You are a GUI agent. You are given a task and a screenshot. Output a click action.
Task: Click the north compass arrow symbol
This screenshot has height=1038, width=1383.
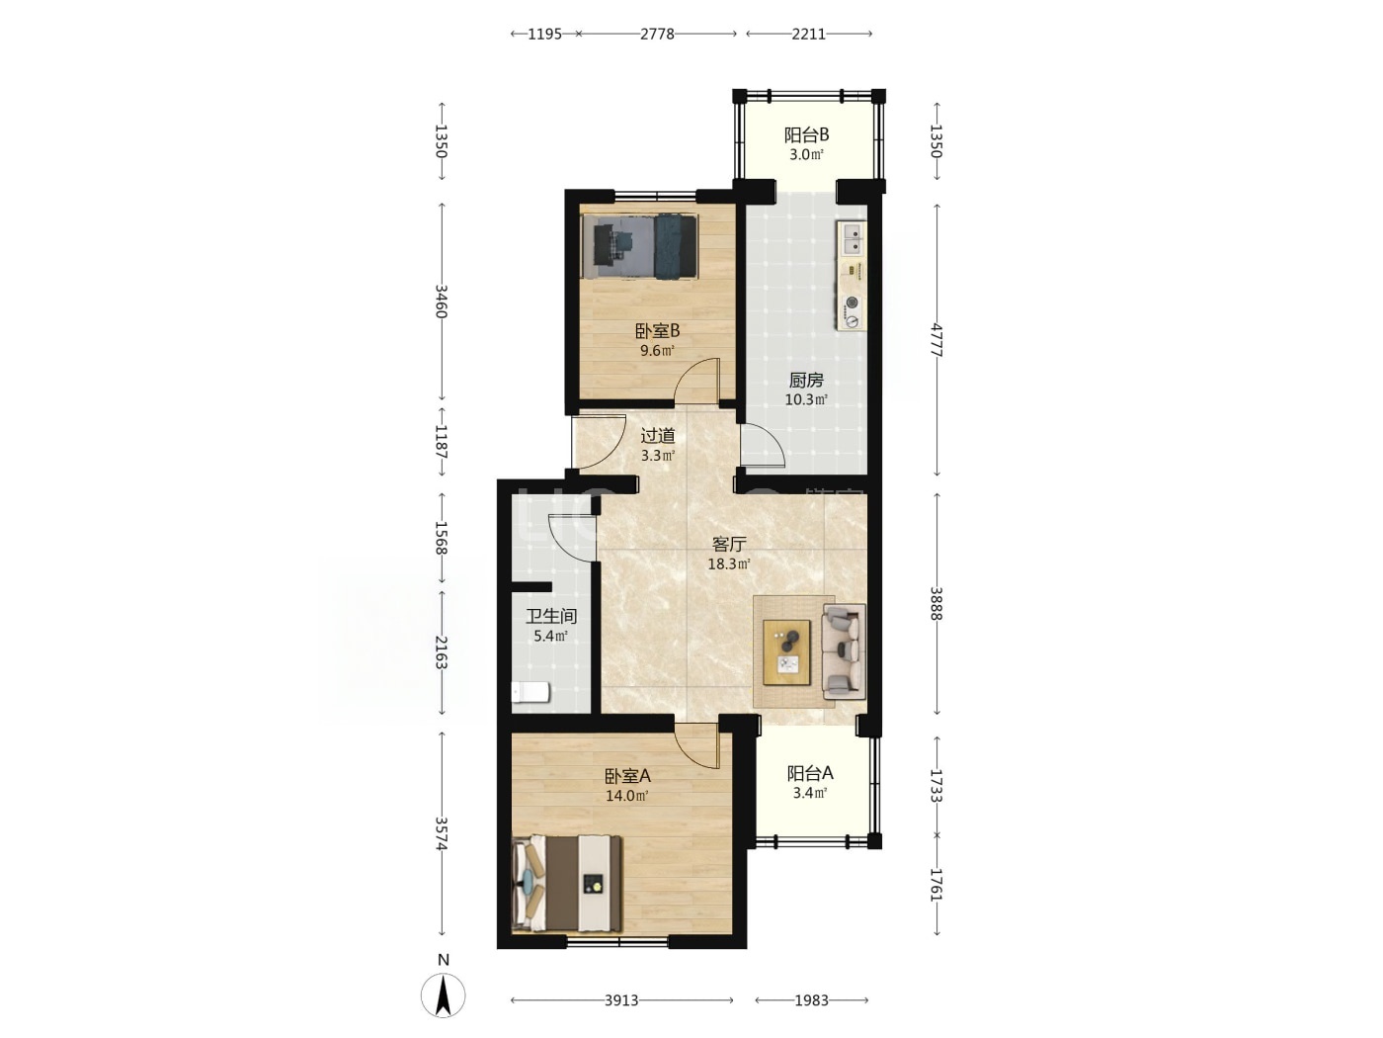tap(443, 995)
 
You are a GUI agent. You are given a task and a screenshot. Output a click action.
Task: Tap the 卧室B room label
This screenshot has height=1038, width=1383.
tap(657, 331)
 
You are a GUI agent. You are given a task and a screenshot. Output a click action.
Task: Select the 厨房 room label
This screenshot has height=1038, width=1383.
tap(806, 380)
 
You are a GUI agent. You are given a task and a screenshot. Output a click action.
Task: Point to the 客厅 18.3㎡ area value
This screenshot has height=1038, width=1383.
tap(729, 564)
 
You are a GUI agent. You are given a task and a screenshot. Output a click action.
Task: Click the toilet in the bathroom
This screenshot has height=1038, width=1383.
tap(530, 693)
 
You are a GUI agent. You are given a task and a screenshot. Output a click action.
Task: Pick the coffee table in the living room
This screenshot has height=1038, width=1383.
tap(786, 652)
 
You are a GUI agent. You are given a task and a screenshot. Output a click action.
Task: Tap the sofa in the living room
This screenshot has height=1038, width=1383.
tap(844, 651)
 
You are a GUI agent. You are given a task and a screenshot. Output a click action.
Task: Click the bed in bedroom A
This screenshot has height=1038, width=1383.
tap(567, 884)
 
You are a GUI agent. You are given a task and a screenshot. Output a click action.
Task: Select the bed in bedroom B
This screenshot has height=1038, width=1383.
tap(639, 246)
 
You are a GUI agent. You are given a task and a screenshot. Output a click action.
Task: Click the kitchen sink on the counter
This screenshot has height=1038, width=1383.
tap(852, 237)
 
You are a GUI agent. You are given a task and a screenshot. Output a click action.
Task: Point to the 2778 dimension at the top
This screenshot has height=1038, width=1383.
tap(657, 34)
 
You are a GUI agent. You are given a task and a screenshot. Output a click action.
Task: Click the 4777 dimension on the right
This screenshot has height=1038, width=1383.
tap(936, 340)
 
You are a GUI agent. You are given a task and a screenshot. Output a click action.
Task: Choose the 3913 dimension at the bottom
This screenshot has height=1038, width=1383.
tap(621, 1000)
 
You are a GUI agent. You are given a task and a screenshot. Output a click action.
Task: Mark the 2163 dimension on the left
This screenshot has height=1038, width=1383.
tap(441, 652)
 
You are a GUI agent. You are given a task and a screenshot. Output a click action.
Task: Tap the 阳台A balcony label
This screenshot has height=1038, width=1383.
tap(810, 773)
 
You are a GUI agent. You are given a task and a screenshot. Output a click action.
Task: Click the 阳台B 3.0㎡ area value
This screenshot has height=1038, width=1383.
tap(806, 154)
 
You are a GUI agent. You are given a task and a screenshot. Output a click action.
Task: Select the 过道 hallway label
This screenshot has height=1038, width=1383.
tap(658, 436)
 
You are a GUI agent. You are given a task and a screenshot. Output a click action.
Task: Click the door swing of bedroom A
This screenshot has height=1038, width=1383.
tap(696, 746)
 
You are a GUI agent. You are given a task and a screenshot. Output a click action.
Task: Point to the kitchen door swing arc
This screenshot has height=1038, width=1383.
tap(763, 446)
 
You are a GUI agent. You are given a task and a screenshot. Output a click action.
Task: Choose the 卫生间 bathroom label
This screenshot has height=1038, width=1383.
tap(551, 616)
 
